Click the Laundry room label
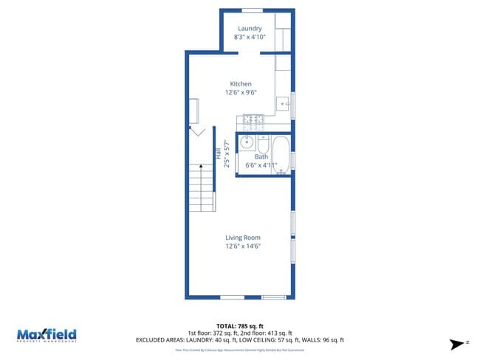250,29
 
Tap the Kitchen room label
241,84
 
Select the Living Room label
243,238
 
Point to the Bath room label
261,156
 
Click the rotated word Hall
218,156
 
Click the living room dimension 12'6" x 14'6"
243,246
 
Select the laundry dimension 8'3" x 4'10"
250,37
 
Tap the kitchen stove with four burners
253,120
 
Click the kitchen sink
284,103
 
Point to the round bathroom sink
247,142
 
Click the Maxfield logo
47,334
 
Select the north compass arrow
459,343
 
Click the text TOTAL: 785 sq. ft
239,325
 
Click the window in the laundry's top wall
253,10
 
